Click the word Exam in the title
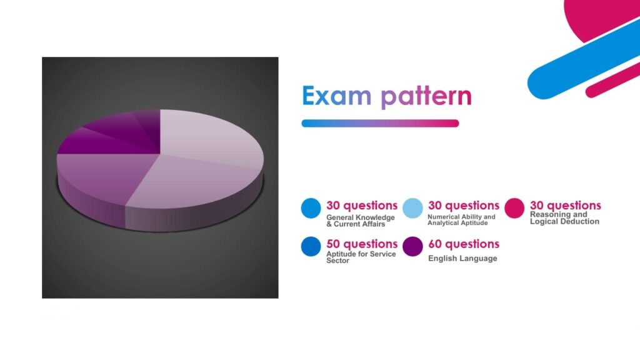click(x=337, y=96)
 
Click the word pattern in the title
click(x=426, y=97)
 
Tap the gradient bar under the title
click(x=380, y=123)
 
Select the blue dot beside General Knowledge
click(x=311, y=208)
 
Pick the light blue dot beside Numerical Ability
click(x=412, y=208)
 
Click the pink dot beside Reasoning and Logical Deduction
click(x=514, y=208)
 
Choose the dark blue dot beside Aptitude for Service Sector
click(x=311, y=246)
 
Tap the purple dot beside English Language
click(x=412, y=246)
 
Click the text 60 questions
click(x=464, y=244)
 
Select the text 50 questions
click(x=362, y=244)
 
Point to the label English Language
click(x=462, y=258)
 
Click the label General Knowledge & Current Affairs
click(x=361, y=221)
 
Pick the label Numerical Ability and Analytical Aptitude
click(x=461, y=219)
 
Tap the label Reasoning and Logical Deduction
click(x=564, y=218)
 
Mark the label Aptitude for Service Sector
click(x=361, y=257)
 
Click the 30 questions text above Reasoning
click(x=565, y=205)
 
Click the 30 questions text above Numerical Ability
click(x=464, y=205)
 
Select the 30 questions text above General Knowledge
click(x=362, y=205)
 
